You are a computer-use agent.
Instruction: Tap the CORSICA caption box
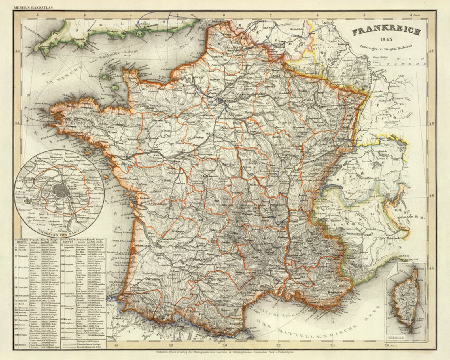395,338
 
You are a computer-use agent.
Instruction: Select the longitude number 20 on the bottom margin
224,346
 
